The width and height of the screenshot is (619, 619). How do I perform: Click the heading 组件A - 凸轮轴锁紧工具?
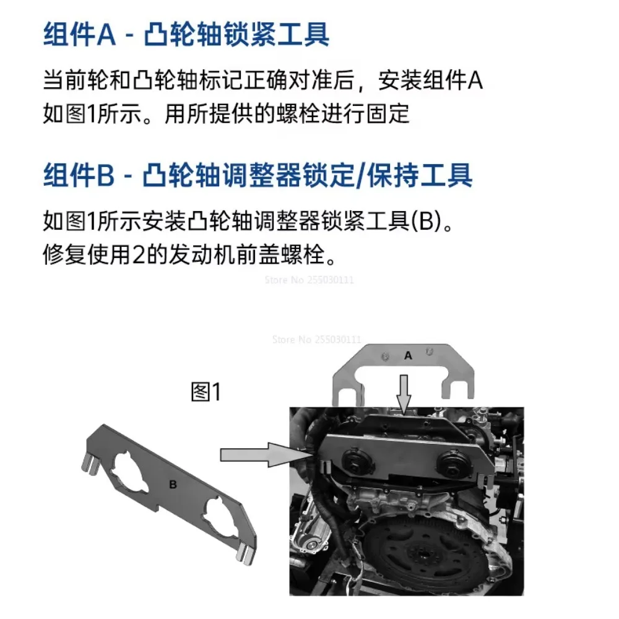pos(186,35)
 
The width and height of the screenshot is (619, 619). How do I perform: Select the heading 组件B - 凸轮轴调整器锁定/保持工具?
pos(258,175)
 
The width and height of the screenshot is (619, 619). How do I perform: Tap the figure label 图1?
pos(206,392)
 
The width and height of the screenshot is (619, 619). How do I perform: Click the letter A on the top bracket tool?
pos(408,356)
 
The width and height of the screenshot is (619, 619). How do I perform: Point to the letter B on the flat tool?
pos(173,485)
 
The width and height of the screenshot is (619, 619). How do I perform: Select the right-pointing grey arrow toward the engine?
pos(264,455)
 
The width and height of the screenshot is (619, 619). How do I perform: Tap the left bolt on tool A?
pos(385,357)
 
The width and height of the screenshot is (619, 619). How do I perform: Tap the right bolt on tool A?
pos(430,350)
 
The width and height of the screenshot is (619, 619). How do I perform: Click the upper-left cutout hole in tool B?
pos(131,472)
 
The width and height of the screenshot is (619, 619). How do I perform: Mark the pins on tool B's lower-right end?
pos(246,552)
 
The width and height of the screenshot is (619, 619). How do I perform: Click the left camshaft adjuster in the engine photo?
pos(353,462)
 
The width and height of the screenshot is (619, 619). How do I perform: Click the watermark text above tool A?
pos(316,339)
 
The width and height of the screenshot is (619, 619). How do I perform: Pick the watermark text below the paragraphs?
pos(309,280)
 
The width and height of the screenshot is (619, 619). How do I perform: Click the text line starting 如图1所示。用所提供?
pos(226,114)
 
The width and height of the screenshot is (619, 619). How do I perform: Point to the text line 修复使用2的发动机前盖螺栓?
pos(190,254)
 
